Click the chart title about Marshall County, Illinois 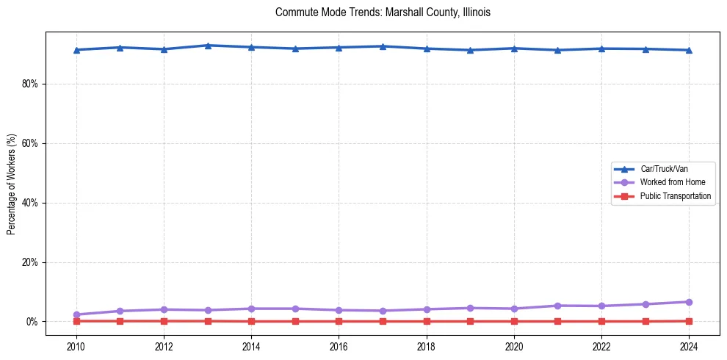coord(383,12)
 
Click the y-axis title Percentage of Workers coord(11,184)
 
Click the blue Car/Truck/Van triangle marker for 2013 coord(208,46)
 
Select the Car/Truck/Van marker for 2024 coord(689,50)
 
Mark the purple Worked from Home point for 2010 coord(76,314)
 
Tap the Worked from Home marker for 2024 coord(689,302)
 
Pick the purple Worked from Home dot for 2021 coord(557,306)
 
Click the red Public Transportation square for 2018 coord(427,321)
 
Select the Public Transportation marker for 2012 coord(164,321)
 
